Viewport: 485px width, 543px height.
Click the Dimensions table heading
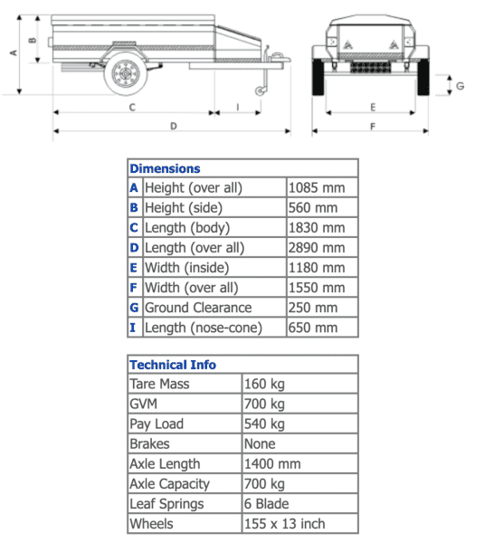point(165,168)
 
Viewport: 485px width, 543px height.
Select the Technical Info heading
point(173,365)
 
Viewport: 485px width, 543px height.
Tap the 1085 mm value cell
point(316,188)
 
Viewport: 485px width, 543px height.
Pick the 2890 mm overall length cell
point(316,248)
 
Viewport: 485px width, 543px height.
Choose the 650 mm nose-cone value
point(312,328)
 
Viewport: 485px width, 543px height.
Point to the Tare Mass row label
point(159,385)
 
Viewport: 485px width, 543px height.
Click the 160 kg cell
point(264,385)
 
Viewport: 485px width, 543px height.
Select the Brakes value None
point(260,444)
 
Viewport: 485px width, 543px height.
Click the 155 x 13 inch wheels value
point(285,524)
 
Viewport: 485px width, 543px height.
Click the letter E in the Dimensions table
point(135,268)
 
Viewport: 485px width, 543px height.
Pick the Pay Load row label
point(157,424)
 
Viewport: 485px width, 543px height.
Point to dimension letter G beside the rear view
point(460,86)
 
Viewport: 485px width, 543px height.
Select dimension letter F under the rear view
point(372,126)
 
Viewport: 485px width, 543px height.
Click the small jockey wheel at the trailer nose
point(263,90)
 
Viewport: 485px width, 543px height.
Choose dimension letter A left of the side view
point(13,52)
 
